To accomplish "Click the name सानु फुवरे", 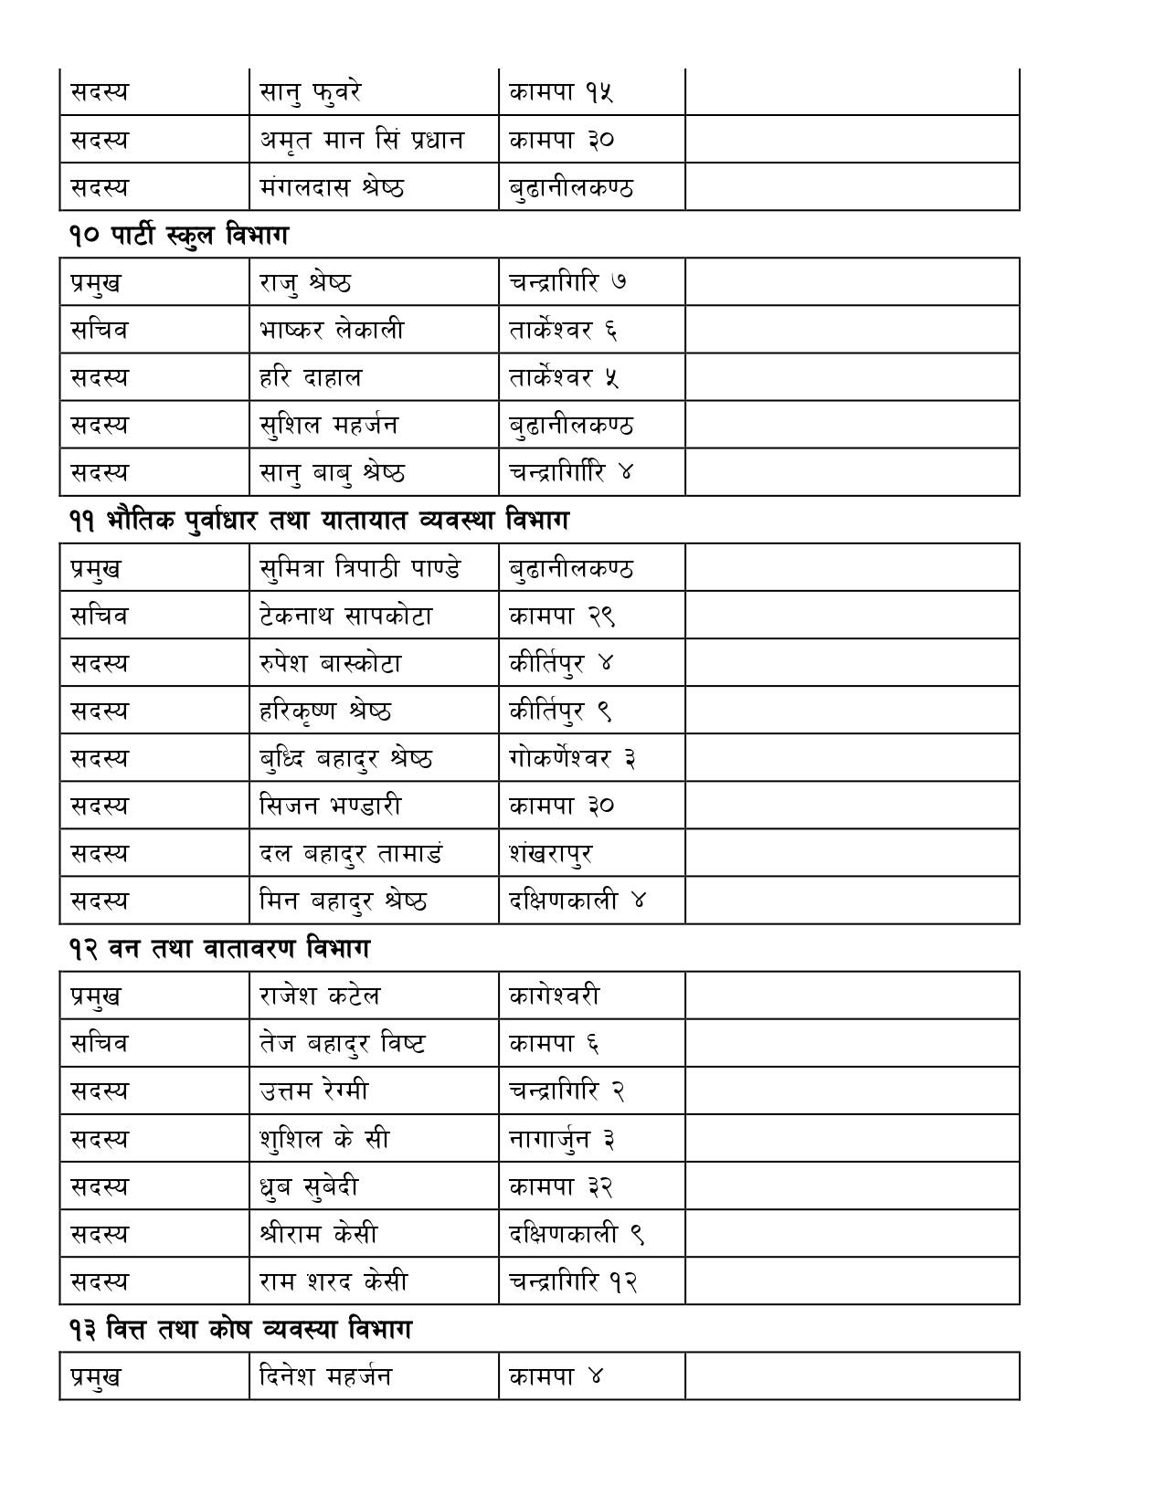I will (311, 92).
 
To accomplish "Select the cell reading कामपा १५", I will (561, 92).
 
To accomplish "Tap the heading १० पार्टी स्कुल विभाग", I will (178, 235).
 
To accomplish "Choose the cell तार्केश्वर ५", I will (564, 377).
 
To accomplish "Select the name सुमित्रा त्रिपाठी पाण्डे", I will (360, 568).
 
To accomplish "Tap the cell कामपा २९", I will (562, 616).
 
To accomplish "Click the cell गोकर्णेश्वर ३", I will (572, 758).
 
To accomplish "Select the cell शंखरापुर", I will (551, 853).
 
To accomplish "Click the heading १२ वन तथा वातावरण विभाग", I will (219, 949).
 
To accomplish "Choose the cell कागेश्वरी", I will (555, 996).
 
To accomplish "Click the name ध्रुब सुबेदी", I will (309, 1186).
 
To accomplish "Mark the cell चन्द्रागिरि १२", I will (573, 1281).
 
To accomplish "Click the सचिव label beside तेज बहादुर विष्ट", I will (100, 1043).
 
